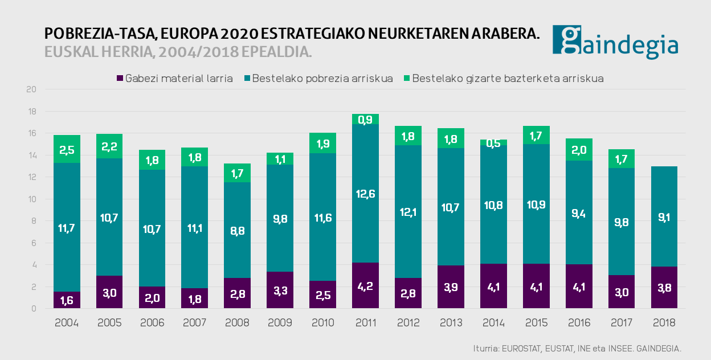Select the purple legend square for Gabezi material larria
coord(120,79)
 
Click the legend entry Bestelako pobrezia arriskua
coord(317,79)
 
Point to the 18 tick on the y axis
coord(32,112)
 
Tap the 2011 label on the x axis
coord(365,323)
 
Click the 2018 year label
coord(664,323)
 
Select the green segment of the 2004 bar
coord(67,149)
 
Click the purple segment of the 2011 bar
coord(365,286)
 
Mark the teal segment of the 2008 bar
coord(237,230)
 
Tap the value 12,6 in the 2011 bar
coord(365,194)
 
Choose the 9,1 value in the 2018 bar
coord(664,216)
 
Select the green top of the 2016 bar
coord(578,149)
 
